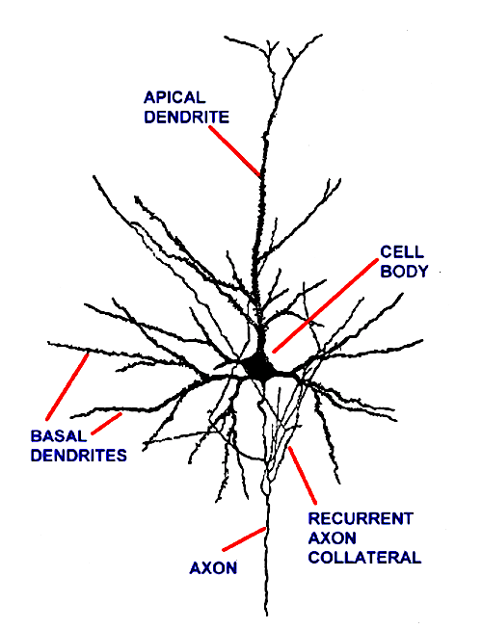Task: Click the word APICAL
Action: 174,97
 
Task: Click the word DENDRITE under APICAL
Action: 187,117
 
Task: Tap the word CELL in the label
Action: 402,252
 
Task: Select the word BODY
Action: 404,272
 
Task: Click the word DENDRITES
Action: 79,456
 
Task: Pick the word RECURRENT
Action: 361,518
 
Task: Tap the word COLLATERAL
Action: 364,558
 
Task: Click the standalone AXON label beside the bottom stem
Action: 213,568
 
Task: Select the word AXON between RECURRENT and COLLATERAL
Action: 332,537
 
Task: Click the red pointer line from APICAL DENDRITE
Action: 235,151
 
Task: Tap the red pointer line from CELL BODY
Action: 326,305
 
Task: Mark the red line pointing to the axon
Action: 244,539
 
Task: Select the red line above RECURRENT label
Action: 302,475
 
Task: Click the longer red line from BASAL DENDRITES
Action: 67,386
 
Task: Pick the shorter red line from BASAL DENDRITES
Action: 106,424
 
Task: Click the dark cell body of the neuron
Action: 259,366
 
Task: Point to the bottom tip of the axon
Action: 266,616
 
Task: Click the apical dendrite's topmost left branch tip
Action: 225,37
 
